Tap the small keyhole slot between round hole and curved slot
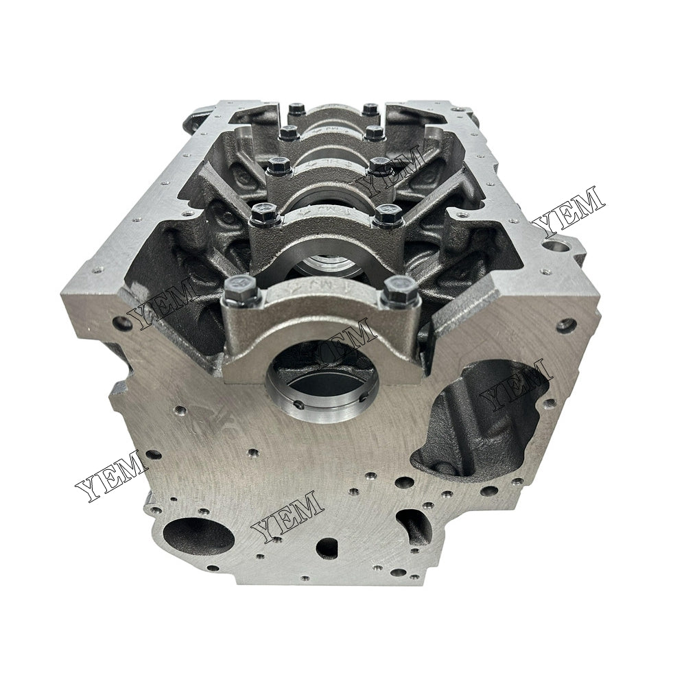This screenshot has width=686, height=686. (327, 547)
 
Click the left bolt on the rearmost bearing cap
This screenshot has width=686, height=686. (296, 108)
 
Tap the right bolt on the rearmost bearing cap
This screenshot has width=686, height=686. (370, 108)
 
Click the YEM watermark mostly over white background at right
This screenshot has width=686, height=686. (571, 209)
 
